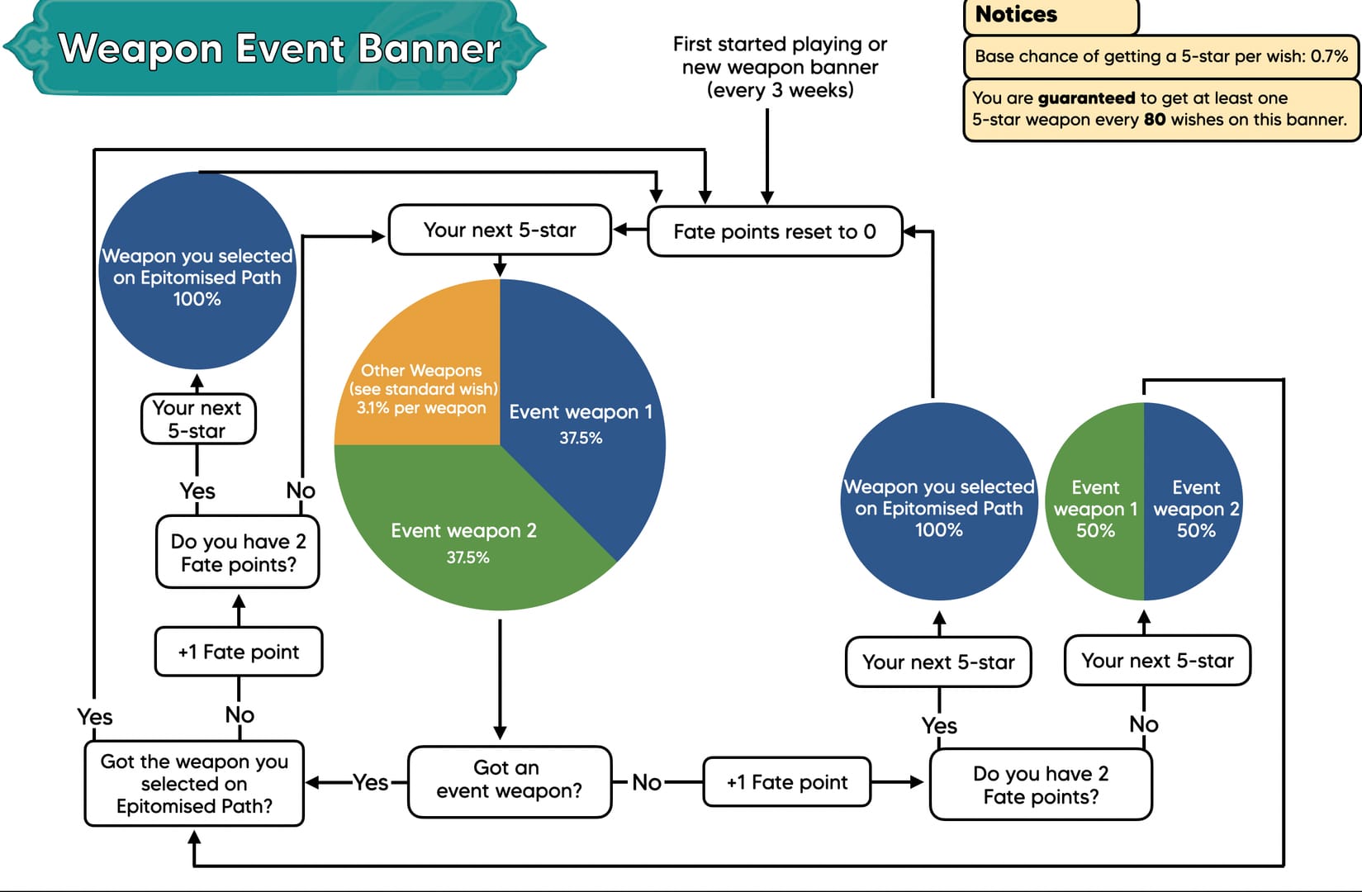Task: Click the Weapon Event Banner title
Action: (279, 49)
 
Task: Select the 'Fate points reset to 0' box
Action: (774, 232)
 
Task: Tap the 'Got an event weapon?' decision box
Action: (509, 780)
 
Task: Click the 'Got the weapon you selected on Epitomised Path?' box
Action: (194, 783)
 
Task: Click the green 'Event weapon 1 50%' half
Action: (1095, 508)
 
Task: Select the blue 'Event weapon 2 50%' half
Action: (1195, 508)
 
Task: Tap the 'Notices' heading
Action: (1016, 14)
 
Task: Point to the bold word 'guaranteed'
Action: (1086, 98)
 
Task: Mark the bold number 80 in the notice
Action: (1154, 120)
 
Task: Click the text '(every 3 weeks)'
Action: (780, 90)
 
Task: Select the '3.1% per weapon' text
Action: (421, 408)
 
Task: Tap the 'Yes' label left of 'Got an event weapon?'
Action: (370, 782)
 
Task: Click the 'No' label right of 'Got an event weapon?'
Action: (647, 782)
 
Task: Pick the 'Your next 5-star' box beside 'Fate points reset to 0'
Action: (500, 230)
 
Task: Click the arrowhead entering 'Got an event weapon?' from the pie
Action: (500, 733)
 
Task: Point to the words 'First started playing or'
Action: (780, 44)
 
